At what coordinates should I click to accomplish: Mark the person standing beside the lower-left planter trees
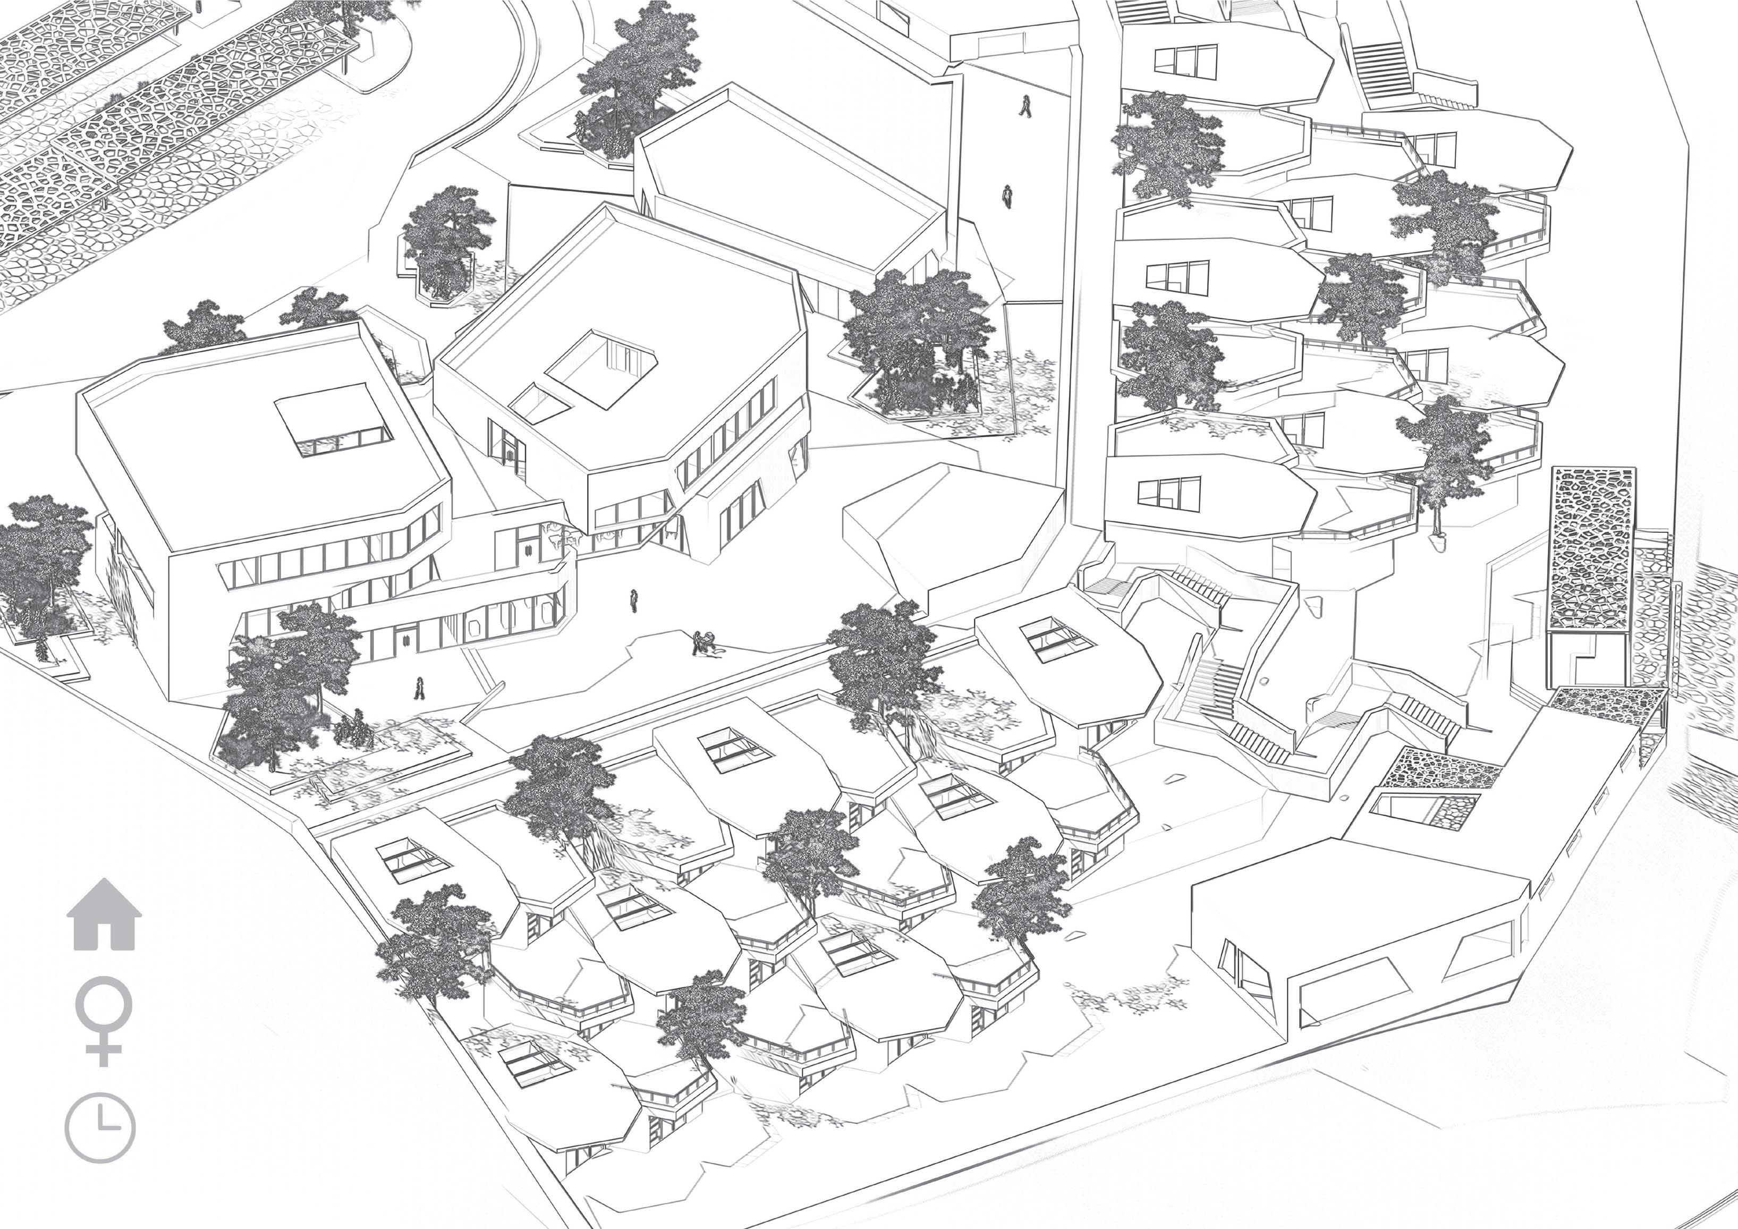click(418, 688)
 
